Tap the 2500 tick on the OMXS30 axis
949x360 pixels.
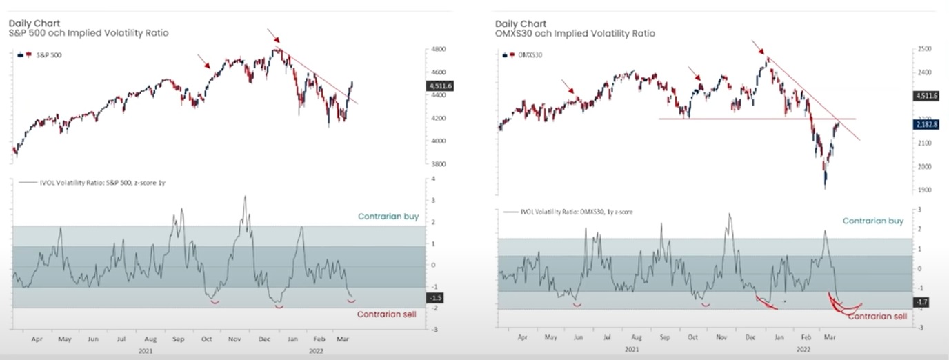[x=924, y=50]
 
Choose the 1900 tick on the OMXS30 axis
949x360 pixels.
[x=924, y=190]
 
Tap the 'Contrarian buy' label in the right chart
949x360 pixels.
[x=873, y=221]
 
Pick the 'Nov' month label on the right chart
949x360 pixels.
[x=721, y=339]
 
